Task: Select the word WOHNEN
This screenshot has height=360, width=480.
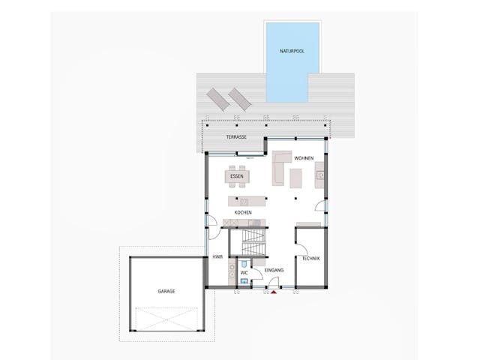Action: (x=304, y=158)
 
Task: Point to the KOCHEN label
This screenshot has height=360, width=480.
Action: (x=243, y=212)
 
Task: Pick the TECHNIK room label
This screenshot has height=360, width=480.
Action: (x=310, y=259)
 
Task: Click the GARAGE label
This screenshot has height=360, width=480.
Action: (x=166, y=290)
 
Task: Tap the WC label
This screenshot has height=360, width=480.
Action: (x=233, y=273)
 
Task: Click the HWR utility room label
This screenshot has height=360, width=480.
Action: (x=217, y=256)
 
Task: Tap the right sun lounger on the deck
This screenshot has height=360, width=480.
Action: (x=239, y=99)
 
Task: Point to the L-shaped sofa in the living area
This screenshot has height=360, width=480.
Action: (x=280, y=168)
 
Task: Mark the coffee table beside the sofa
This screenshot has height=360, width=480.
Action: (x=295, y=178)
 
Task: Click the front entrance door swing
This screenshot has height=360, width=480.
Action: (x=274, y=283)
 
